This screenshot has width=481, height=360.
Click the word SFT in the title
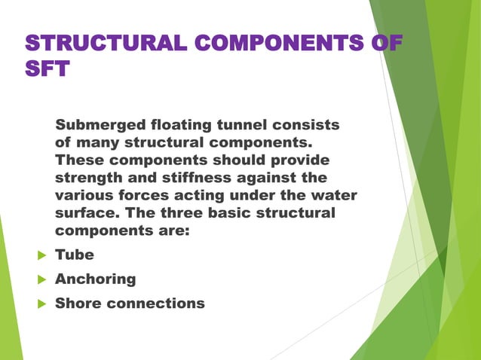[48, 69]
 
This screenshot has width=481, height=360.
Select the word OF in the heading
[385, 43]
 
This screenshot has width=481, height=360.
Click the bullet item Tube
[75, 255]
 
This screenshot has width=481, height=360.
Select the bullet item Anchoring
[96, 279]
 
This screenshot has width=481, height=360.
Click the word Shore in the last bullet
[78, 303]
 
